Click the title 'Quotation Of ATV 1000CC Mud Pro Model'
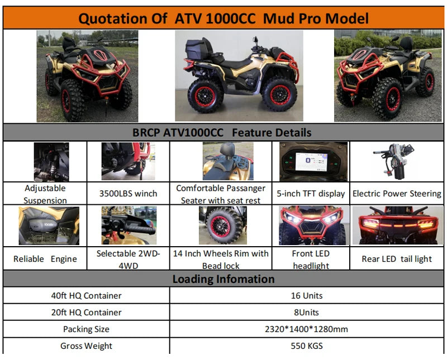(223, 18)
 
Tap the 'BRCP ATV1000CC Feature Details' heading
(222, 133)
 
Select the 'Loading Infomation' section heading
(223, 279)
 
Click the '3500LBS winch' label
(128, 194)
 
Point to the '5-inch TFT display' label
(310, 194)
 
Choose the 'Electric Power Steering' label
(397, 194)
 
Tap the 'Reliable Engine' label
(45, 259)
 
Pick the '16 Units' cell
(306, 295)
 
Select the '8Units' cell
(306, 312)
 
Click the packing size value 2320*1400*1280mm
(306, 329)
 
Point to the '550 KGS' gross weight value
(306, 345)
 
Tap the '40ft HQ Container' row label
(86, 295)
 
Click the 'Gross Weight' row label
(86, 345)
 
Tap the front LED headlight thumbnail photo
(310, 225)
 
